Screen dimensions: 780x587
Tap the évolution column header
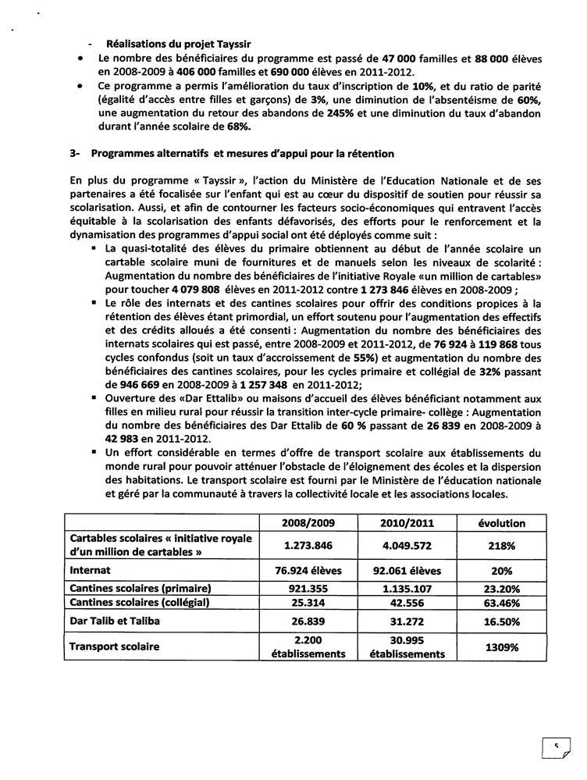click(500, 522)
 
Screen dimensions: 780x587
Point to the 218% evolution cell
click(500, 546)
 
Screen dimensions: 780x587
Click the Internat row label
click(92, 571)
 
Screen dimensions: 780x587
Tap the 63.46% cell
click(500, 604)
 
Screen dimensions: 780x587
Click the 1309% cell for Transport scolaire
click(500, 646)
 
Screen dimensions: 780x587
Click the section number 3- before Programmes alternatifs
click(74, 153)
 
